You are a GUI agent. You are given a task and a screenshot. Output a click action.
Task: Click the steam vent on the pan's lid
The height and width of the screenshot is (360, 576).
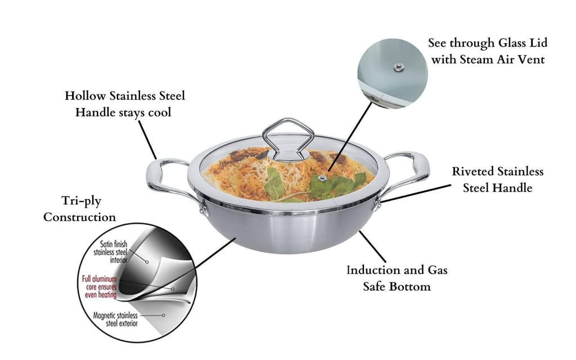coord(323,178)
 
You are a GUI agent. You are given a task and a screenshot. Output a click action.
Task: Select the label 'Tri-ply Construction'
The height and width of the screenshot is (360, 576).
coord(80,209)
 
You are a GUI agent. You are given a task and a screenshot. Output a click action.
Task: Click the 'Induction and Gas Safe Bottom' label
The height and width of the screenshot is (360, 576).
coord(397,278)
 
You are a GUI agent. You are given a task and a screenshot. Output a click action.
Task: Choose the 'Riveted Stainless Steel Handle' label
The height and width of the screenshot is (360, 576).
coord(498,179)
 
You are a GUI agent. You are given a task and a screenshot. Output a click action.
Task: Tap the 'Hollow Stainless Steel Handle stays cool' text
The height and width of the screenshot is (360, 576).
coord(124,103)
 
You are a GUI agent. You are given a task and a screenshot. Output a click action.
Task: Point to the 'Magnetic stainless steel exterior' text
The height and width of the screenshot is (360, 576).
coord(115,319)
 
